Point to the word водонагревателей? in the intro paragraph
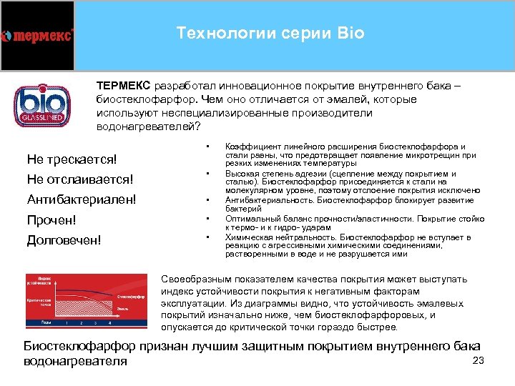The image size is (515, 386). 144,127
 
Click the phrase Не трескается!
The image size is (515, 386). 72,158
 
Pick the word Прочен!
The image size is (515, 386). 51,219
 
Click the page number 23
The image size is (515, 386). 479,360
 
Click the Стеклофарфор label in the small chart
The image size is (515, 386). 131,295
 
